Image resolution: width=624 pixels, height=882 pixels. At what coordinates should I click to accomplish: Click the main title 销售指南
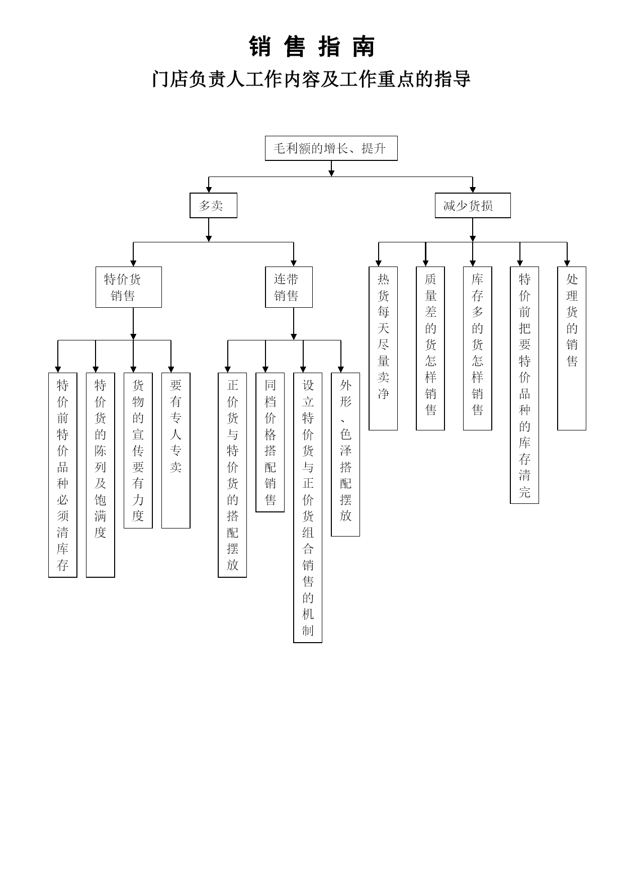coord(312,47)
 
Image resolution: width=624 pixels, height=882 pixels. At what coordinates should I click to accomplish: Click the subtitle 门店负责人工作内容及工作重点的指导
coord(311,79)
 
